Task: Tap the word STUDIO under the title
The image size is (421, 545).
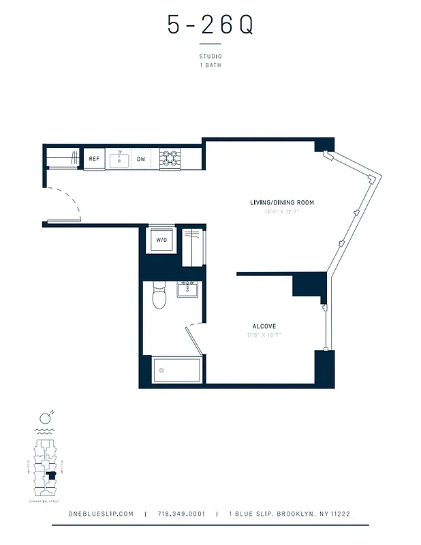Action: (210, 56)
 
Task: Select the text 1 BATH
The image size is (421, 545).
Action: (210, 65)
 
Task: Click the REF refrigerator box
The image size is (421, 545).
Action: (94, 159)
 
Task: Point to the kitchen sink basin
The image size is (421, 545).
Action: (119, 159)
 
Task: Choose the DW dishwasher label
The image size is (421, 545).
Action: (141, 159)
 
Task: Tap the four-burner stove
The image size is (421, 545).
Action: (169, 159)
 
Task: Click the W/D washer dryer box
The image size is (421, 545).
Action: (162, 240)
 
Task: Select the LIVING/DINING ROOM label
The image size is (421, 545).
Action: (281, 203)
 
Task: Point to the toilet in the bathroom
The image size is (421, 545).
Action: (159, 297)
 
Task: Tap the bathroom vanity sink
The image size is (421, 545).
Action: (187, 290)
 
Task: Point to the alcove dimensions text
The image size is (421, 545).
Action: (264, 335)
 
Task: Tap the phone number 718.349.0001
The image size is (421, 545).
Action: (181, 514)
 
